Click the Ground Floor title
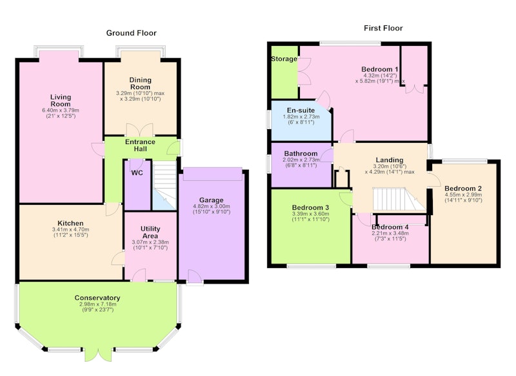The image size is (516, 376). [x=132, y=33]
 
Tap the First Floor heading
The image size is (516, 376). [x=383, y=28]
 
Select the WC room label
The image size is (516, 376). [x=137, y=172]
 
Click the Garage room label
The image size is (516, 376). [x=212, y=200]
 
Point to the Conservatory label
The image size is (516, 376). [x=97, y=298]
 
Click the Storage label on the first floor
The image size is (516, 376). [x=284, y=59]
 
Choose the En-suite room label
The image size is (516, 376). [x=301, y=110]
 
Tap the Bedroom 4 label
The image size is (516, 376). [x=390, y=227]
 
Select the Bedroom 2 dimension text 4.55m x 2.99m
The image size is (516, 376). [x=463, y=194]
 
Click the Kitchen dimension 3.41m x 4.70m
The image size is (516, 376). [x=70, y=229]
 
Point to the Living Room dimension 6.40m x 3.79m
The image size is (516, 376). [x=61, y=110]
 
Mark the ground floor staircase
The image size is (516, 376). [x=164, y=185]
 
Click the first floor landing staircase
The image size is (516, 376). [x=398, y=199]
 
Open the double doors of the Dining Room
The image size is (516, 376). [x=140, y=130]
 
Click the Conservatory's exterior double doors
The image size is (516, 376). [x=96, y=354]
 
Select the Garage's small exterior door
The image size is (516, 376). [x=195, y=277]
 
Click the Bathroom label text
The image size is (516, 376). [x=301, y=154]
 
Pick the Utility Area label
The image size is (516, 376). [x=150, y=233]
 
